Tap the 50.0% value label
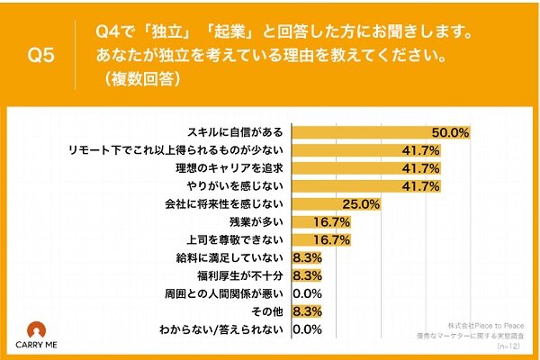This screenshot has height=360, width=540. pos(451,132)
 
